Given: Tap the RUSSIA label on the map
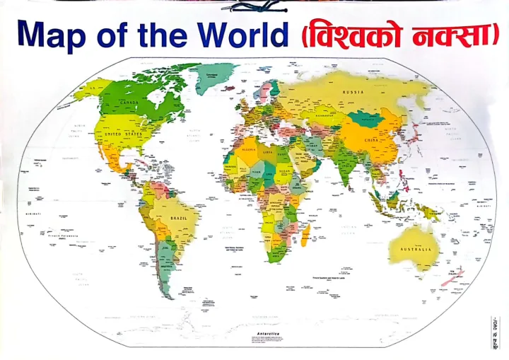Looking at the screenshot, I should point(353,92).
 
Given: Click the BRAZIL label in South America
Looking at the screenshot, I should point(179,218).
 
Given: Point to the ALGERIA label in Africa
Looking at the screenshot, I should point(247,149).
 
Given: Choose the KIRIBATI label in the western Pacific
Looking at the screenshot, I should point(34,211).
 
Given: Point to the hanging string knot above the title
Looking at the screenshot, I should point(255,7).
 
